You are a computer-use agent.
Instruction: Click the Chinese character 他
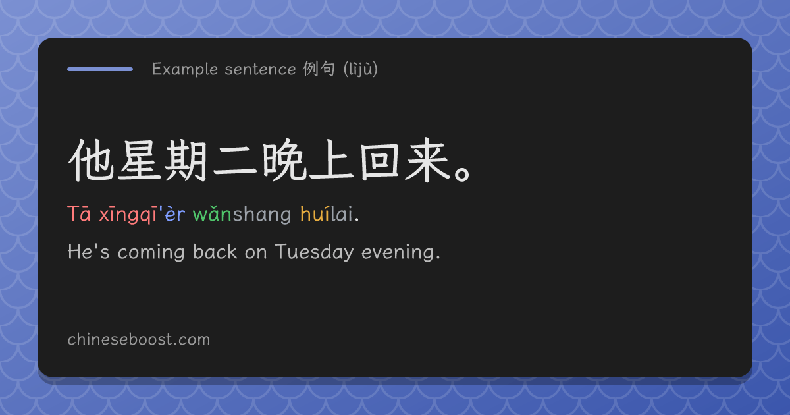91,160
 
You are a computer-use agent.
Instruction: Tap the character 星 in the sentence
139,160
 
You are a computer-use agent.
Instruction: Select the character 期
186,161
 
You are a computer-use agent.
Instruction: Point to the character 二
235,161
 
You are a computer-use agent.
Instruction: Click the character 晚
284,160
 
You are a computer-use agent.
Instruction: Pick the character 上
332,160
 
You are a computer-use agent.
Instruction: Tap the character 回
379,161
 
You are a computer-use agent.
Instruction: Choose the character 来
427,160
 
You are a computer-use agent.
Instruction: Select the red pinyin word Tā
79,214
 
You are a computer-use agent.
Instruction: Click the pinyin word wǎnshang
242,214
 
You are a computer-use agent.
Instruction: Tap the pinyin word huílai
327,213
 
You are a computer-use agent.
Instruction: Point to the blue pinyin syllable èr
175,214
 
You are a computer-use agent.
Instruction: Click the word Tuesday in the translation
314,252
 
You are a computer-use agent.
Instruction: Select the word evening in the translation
398,252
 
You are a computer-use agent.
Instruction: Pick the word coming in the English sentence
151,252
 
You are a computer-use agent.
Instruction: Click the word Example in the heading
185,69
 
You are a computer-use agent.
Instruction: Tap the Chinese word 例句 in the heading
319,69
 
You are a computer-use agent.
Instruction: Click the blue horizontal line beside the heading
100,69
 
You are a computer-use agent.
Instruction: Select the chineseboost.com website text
139,339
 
